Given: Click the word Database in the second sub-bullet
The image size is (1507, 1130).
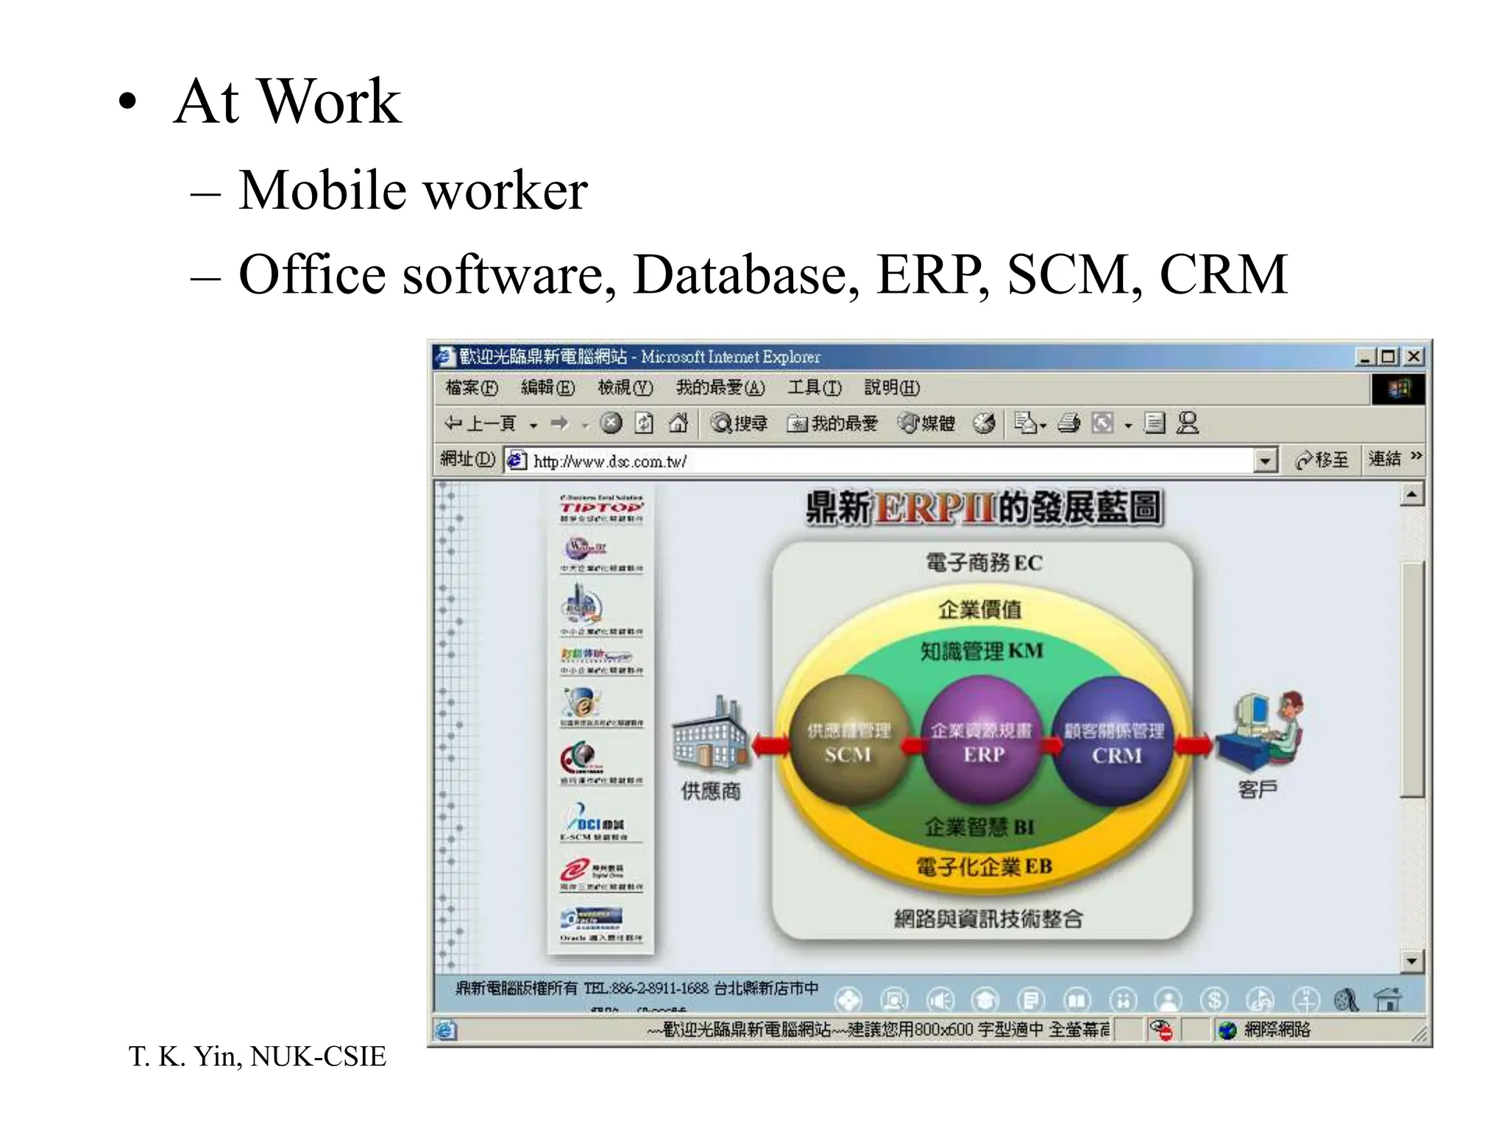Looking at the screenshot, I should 745,275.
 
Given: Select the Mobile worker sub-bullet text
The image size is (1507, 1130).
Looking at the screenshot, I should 412,191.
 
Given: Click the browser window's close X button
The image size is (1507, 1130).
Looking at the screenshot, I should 1414,357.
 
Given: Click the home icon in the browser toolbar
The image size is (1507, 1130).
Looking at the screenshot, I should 678,423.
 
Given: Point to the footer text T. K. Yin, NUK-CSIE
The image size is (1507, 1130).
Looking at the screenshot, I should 257,1056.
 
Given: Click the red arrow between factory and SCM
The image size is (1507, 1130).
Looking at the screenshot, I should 770,747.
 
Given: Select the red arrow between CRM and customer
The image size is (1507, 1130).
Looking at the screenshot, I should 1192,747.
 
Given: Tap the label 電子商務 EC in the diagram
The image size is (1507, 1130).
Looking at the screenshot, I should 983,563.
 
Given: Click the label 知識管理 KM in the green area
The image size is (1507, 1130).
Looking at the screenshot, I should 982,651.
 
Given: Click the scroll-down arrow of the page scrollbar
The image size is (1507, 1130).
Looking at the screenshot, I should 1411,960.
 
